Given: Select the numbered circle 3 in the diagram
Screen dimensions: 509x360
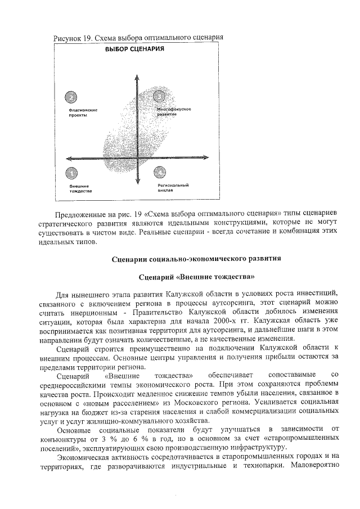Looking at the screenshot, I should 160,97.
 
